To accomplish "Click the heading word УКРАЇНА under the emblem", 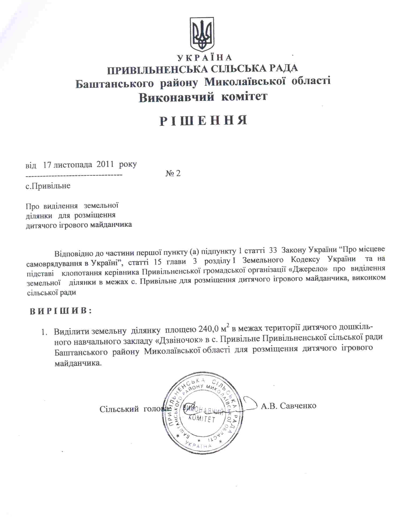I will coord(204,58).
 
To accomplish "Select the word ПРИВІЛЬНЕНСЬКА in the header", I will coord(157,69).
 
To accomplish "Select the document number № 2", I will coord(173,173).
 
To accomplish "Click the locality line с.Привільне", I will coord(48,186).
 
